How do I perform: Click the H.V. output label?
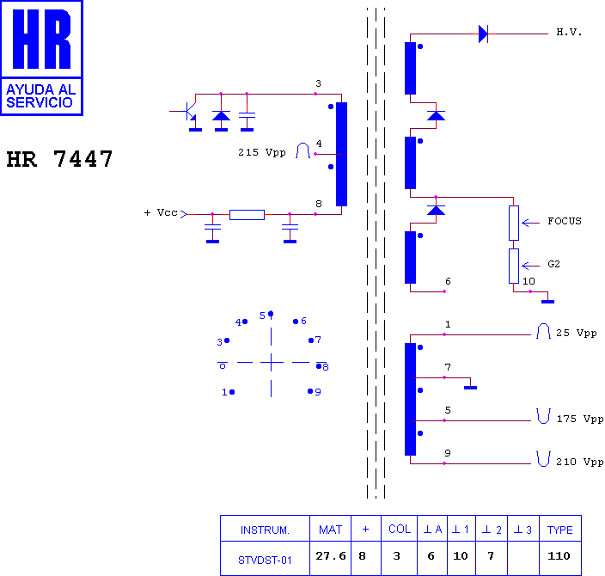pyautogui.click(x=569, y=32)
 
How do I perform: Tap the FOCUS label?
pyautogui.click(x=564, y=221)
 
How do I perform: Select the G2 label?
pyautogui.click(x=553, y=264)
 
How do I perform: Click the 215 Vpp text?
pyautogui.click(x=262, y=153)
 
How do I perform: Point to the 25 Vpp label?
pyautogui.click(x=576, y=334)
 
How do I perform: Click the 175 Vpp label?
pyautogui.click(x=580, y=419)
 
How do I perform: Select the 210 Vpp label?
pyautogui.click(x=580, y=463)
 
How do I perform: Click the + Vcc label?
pyautogui.click(x=161, y=212)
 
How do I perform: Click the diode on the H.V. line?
pyautogui.click(x=483, y=34)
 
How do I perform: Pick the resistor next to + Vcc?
pyautogui.click(x=247, y=215)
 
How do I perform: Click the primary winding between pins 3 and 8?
pyautogui.click(x=341, y=154)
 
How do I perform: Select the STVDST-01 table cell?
pyautogui.click(x=265, y=561)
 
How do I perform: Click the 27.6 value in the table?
pyautogui.click(x=331, y=556)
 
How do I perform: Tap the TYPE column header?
pyautogui.click(x=559, y=530)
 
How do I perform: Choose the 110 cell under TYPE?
pyautogui.click(x=559, y=556)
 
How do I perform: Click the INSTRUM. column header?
pyautogui.click(x=265, y=530)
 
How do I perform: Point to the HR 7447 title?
pyautogui.click(x=59, y=159)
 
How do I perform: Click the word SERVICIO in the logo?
pyautogui.click(x=40, y=102)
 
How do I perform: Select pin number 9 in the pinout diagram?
pyautogui.click(x=318, y=392)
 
